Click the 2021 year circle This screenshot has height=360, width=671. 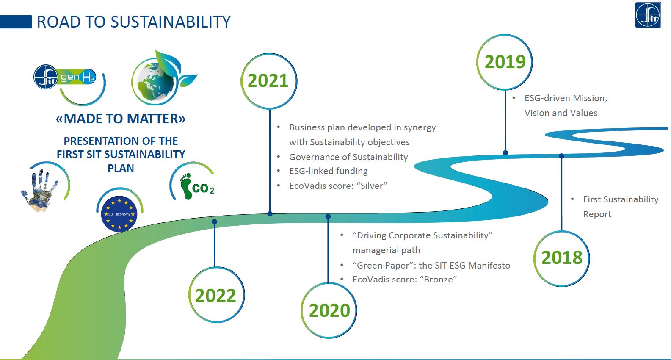pyautogui.click(x=269, y=81)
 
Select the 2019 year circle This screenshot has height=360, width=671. pyautogui.click(x=505, y=62)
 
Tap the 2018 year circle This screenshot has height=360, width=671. pyautogui.click(x=562, y=258)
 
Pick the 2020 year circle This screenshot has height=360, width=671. pyautogui.click(x=329, y=310)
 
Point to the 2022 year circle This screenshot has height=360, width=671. pyautogui.click(x=216, y=295)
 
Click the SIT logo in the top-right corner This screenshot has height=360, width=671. pyautogui.click(x=648, y=15)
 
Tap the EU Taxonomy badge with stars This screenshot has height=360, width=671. pyautogui.click(x=119, y=214)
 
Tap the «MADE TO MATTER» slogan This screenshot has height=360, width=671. pyautogui.click(x=121, y=119)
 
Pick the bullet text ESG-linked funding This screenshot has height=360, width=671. pyautogui.click(x=329, y=171)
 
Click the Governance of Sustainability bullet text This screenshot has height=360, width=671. pyautogui.click(x=348, y=157)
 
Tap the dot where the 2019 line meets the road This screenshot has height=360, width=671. pyautogui.click(x=505, y=153)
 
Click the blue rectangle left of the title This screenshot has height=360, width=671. pyautogui.click(x=16, y=22)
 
